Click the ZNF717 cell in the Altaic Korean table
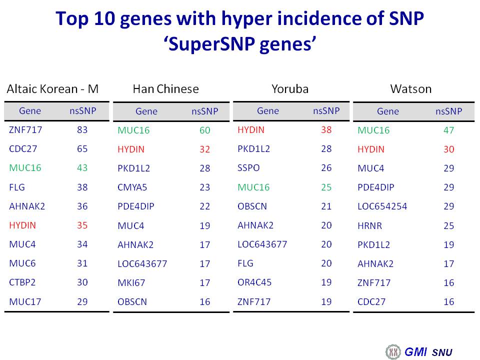(25, 130)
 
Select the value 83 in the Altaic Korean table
(82, 130)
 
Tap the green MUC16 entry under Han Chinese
(133, 130)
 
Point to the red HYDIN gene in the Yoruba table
(250, 130)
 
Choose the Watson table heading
(411, 89)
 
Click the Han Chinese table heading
(165, 89)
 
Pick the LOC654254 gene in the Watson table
(382, 206)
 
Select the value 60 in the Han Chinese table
(205, 130)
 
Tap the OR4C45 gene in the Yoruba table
(254, 282)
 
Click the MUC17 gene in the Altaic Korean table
(25, 302)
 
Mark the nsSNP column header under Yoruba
(326, 111)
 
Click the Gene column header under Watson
(388, 111)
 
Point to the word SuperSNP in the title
(211, 44)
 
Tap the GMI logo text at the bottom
(415, 351)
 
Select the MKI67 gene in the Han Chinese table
(131, 283)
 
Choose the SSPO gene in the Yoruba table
(248, 168)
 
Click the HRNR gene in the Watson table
(370, 226)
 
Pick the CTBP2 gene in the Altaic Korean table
(22, 282)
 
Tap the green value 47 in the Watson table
(449, 130)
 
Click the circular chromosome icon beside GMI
(393, 351)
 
